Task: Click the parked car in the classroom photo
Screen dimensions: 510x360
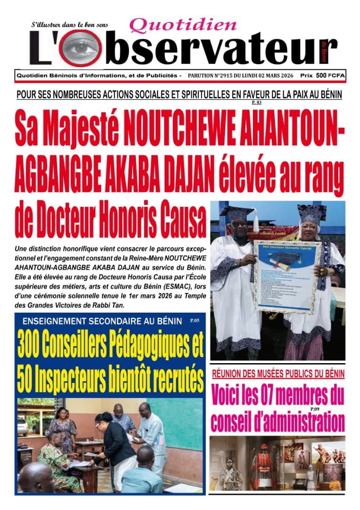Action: (x=23, y=425)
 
